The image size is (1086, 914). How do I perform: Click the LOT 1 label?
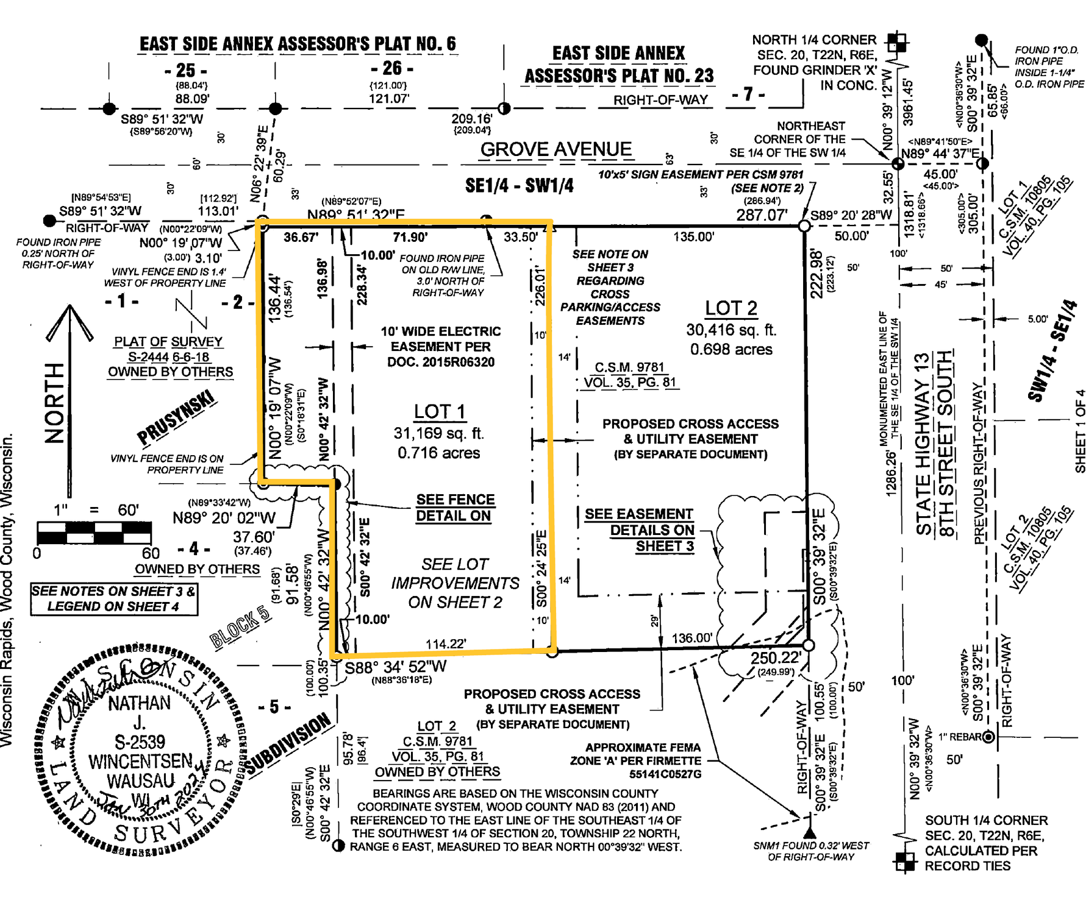(439, 412)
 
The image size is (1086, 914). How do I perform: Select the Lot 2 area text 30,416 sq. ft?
(731, 330)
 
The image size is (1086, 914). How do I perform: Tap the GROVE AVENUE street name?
(556, 149)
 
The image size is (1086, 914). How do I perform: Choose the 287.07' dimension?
(762, 214)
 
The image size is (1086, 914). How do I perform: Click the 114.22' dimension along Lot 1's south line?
(446, 644)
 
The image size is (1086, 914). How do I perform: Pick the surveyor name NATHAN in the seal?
(139, 703)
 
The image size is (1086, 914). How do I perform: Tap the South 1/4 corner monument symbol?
(905, 861)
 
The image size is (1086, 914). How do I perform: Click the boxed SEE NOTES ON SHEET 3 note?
(114, 598)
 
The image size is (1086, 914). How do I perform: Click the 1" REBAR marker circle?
(988, 737)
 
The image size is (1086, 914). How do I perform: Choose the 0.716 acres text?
(438, 453)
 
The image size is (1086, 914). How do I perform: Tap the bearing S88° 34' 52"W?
(396, 667)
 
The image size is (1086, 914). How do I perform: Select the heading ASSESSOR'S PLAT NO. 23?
(618, 76)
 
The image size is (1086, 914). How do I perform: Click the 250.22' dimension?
(775, 658)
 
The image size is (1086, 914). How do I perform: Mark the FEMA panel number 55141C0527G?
(665, 774)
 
